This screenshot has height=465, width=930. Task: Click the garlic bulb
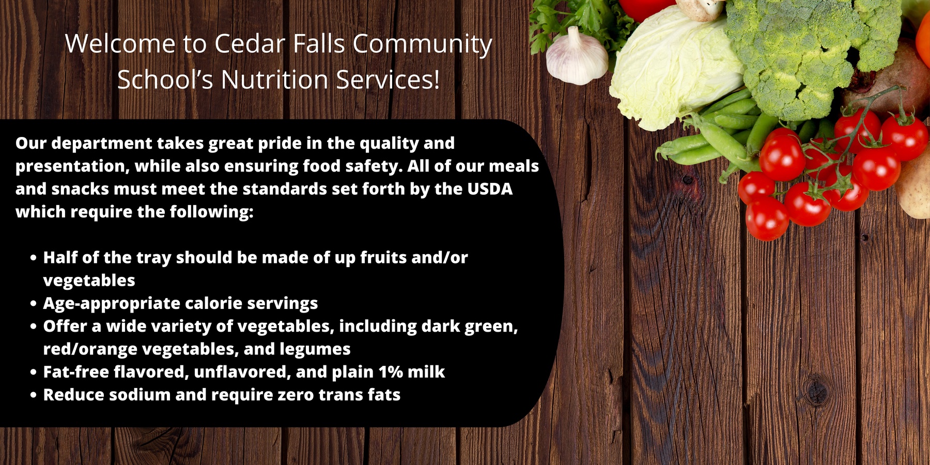pos(577,58)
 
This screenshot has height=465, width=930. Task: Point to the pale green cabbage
pos(674,67)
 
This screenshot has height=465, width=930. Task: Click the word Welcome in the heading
pos(120,43)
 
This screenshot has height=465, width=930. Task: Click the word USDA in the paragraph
pos(490,189)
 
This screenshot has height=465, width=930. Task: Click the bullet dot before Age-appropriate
pos(34,304)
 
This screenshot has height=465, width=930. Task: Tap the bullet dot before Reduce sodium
pos(34,395)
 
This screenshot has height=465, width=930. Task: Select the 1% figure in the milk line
pos(391,372)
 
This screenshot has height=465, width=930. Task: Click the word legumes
pos(315,350)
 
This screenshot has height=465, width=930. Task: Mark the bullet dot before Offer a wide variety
pos(34,327)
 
